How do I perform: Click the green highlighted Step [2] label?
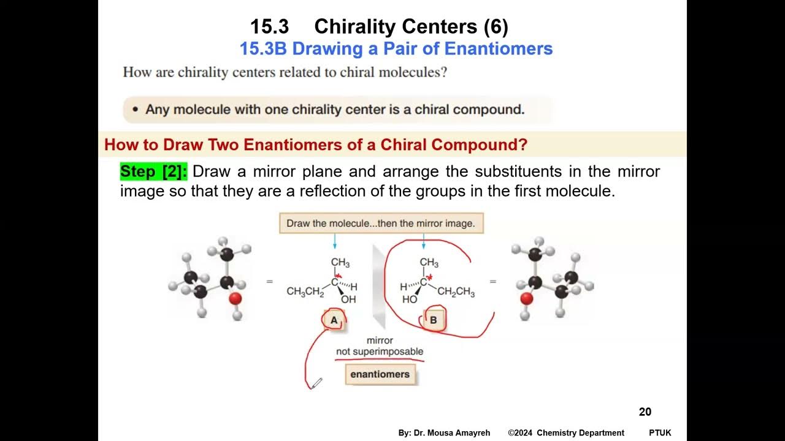pos(153,171)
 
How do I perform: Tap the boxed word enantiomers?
pos(380,374)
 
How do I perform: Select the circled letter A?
pos(334,320)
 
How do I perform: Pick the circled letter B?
pos(433,320)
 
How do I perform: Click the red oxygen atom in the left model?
pos(235,298)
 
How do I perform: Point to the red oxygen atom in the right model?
pos(526,298)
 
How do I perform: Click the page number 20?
pos(645,412)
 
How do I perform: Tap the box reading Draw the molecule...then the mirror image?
pos(381,224)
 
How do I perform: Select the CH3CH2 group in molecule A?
pos(305,292)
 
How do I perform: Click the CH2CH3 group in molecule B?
pos(456,292)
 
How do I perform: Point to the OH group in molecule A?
pos(348,300)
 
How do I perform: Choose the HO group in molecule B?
pos(409,300)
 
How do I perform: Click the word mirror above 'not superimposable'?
pos(380,341)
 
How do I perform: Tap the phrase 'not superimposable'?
pos(380,352)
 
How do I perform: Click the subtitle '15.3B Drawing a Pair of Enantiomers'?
pos(396,48)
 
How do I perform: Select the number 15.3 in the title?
pos(270,27)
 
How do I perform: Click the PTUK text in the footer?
pos(660,433)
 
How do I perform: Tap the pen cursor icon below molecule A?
pos(316,383)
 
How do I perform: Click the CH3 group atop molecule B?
pos(429,263)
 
